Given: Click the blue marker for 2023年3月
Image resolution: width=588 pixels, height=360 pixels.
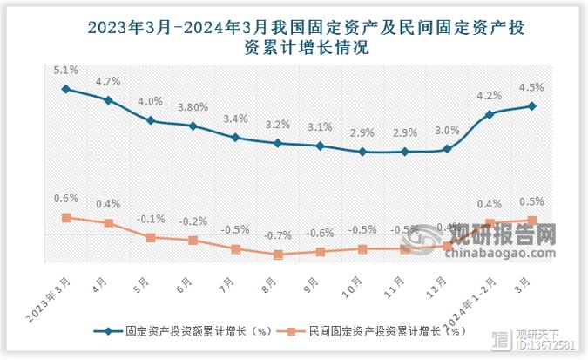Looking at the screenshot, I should (65, 89).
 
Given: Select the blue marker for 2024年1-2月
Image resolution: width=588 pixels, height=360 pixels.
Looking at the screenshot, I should (490, 114).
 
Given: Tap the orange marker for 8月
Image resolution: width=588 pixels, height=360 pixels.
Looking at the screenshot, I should (278, 255).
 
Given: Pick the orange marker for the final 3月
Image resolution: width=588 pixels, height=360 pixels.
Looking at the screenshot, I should (532, 221).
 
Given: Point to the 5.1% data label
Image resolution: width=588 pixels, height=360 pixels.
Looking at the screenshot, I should (65, 70).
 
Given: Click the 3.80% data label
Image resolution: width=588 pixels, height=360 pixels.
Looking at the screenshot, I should (193, 107).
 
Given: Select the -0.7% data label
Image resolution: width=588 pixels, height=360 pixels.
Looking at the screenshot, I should (278, 235).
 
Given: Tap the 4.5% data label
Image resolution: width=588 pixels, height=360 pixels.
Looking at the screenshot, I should (532, 87).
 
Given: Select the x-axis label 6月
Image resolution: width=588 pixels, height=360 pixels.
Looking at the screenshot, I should (184, 285).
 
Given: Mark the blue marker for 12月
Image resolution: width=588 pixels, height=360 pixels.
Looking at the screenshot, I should (448, 149).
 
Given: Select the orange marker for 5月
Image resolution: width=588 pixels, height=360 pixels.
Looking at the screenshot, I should (151, 237).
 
